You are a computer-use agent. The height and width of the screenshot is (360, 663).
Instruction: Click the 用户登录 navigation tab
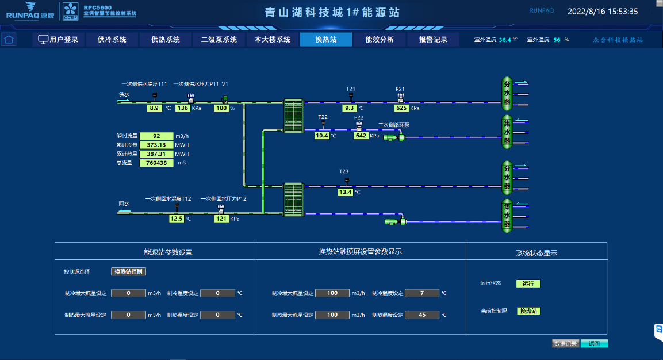click(58, 40)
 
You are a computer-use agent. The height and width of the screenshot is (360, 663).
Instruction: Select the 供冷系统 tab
click(112, 40)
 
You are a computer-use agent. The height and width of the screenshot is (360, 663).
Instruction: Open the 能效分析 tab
click(380, 40)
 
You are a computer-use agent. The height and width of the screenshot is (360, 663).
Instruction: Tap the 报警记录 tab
click(433, 40)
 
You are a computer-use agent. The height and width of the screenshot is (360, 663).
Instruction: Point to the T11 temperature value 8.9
click(154, 108)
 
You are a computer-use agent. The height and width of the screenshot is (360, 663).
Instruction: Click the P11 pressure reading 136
click(183, 108)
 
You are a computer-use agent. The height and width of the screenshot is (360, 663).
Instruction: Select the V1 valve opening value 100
click(221, 108)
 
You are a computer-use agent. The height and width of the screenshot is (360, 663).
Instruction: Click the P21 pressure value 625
click(401, 108)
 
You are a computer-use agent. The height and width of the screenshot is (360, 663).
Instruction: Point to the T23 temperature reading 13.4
click(346, 192)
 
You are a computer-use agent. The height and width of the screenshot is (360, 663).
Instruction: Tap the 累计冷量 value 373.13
click(156, 145)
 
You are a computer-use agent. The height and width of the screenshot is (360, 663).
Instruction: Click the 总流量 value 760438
click(156, 163)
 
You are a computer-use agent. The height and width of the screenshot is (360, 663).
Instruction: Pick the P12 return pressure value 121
click(221, 219)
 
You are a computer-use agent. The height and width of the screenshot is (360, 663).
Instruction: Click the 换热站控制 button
click(128, 271)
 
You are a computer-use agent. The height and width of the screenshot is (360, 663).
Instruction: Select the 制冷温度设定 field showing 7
click(421, 293)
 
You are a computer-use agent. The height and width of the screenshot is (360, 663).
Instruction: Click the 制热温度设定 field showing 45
click(421, 315)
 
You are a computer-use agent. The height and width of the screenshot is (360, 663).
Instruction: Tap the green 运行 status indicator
click(528, 284)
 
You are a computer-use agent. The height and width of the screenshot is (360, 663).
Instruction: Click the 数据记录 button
click(565, 344)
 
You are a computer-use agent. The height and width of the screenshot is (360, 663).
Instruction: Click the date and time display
click(603, 11)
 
